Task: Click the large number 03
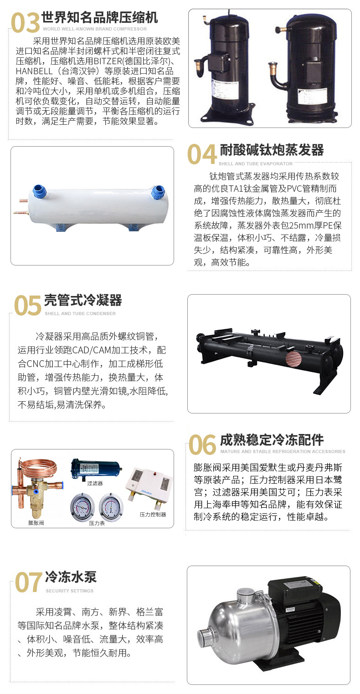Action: (25, 23)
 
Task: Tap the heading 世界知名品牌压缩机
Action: (99, 17)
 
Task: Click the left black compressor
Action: (224, 66)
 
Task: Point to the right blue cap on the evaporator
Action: (158, 191)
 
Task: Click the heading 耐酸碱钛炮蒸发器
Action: (272, 150)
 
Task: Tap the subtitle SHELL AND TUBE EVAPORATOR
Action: (256, 163)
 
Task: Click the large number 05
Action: (28, 306)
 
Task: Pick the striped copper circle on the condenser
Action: (293, 360)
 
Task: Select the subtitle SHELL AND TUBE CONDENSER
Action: (80, 314)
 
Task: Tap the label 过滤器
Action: (95, 483)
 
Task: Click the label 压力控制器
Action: (153, 514)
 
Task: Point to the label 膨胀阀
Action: (36, 523)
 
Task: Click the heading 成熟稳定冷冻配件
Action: (272, 439)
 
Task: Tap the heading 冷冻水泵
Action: (71, 577)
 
